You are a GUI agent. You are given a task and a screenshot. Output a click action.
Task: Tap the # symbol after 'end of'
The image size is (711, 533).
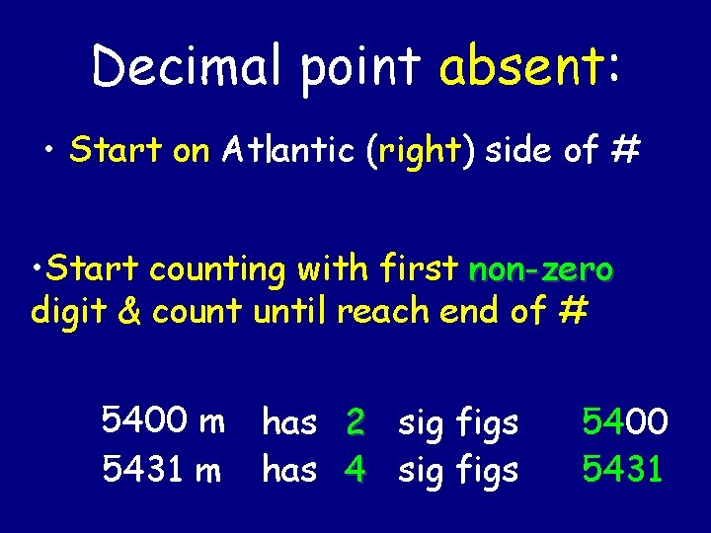click(573, 311)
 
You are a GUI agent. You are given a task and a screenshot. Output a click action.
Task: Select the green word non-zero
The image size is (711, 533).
click(541, 268)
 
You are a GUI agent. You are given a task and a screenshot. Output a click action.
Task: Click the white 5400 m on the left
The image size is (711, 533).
click(163, 422)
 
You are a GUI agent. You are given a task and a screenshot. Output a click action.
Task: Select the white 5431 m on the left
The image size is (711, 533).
click(163, 471)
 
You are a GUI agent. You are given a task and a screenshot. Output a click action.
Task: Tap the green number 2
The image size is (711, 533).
click(356, 423)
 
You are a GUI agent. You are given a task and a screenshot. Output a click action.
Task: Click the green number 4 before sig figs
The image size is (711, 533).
click(355, 471)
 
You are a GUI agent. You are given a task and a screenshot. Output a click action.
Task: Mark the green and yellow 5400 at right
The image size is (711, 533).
click(625, 423)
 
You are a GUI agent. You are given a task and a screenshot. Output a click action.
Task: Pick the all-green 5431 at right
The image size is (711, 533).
click(623, 471)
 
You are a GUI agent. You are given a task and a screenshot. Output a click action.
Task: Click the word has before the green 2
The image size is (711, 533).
click(288, 423)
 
